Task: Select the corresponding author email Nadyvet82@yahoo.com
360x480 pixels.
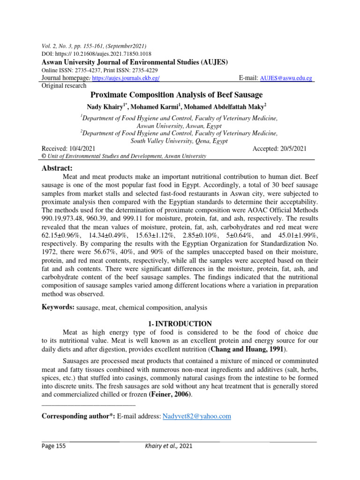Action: pos(196,416)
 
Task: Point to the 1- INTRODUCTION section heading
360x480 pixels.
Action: pos(180,323)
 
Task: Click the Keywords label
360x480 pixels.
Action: pos(59,307)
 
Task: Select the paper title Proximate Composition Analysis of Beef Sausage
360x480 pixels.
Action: pos(180,95)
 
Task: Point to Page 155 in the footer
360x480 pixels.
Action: pos(54,446)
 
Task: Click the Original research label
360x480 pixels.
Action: pos(64,86)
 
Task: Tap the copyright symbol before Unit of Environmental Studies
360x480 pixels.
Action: pos(44,157)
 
